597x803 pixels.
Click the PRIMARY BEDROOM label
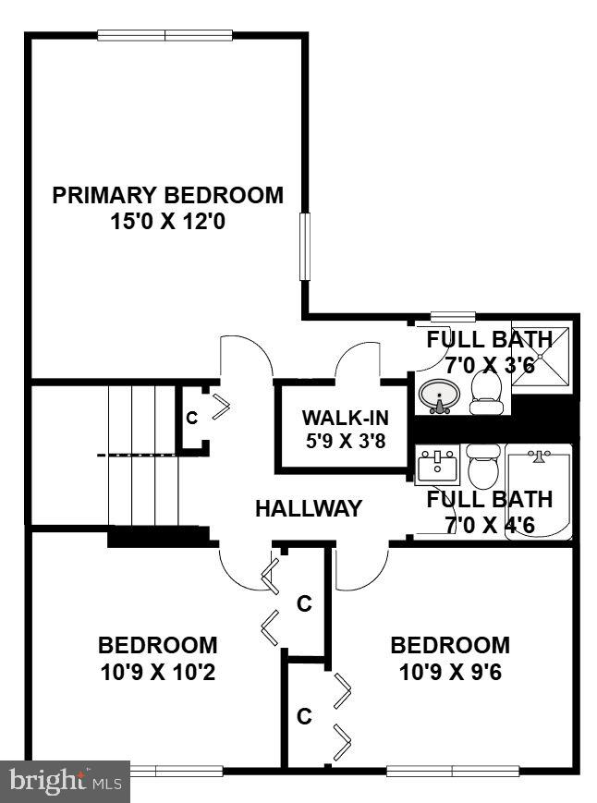(167, 196)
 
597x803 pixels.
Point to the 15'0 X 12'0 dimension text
(167, 223)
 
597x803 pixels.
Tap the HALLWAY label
(309, 508)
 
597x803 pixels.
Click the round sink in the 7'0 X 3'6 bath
(437, 397)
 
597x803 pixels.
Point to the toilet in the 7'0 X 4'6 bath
(481, 468)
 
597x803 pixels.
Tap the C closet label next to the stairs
(191, 418)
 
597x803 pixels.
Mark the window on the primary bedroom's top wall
(165, 35)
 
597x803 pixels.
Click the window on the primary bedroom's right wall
(304, 246)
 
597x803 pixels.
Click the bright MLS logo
(65, 782)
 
